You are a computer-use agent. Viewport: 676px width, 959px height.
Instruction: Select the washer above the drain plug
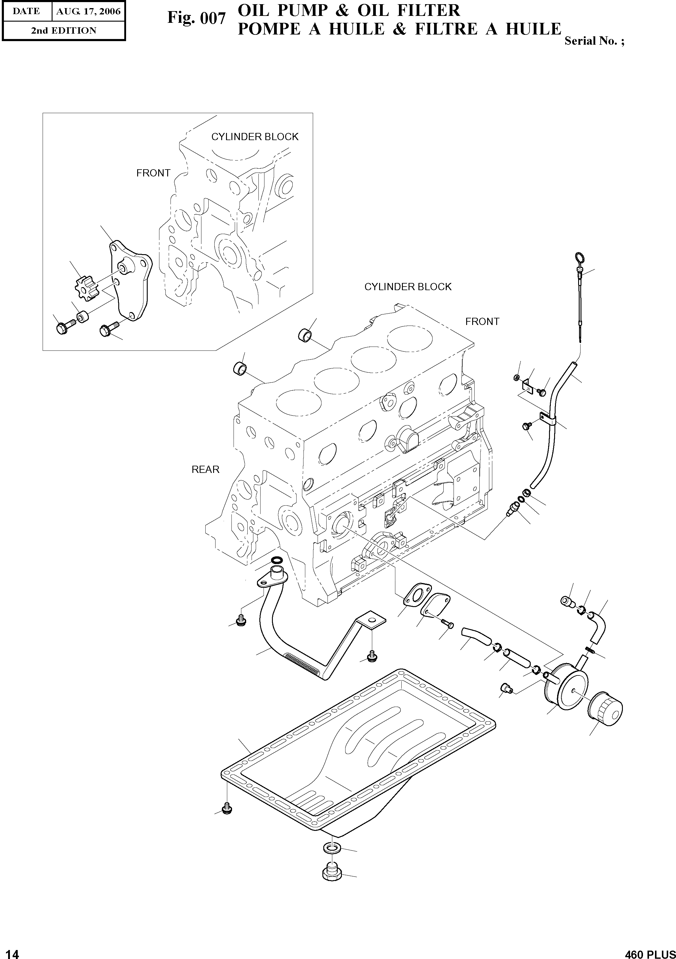(x=332, y=848)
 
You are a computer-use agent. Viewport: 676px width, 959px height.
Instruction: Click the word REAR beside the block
(x=205, y=470)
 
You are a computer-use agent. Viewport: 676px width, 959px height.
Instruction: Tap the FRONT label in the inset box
(x=153, y=173)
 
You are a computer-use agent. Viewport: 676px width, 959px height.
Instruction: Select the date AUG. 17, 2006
(x=88, y=11)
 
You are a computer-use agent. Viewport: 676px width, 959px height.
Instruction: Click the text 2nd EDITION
(x=64, y=31)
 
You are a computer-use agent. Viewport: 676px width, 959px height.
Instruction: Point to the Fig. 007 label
(x=196, y=18)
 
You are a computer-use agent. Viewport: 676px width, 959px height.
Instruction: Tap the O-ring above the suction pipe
(x=276, y=560)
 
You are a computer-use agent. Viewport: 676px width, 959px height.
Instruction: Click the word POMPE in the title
(x=269, y=29)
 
